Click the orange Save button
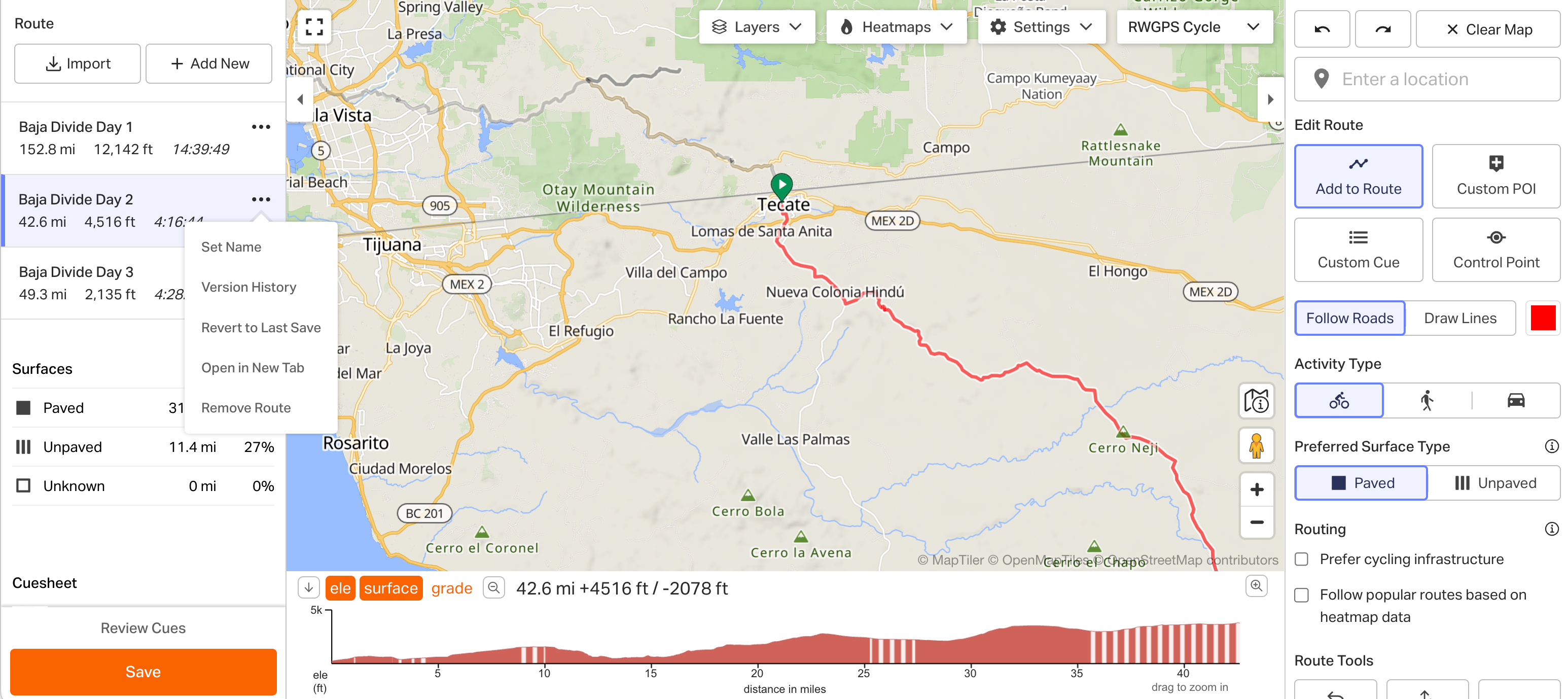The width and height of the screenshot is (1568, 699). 143,671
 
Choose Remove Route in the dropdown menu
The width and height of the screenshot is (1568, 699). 246,407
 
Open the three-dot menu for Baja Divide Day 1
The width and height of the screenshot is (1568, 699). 261,127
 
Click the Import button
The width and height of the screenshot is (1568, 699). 77,63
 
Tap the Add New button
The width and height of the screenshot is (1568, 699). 209,63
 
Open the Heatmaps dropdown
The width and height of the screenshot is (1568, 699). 896,27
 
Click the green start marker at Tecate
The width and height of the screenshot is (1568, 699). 781,183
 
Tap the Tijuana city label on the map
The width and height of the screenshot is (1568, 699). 391,245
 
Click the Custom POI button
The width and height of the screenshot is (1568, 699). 1495,176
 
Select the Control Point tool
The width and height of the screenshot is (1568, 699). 1495,250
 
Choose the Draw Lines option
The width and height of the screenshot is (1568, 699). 1459,318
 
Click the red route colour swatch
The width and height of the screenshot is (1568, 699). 1543,318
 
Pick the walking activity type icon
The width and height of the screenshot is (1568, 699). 1427,400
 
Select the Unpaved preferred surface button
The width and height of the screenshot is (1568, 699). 1494,483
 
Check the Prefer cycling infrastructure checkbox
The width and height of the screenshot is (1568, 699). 1301,559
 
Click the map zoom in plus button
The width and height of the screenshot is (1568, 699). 1256,490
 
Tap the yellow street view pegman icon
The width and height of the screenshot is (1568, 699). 1256,445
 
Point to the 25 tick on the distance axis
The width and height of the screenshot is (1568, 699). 863,673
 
